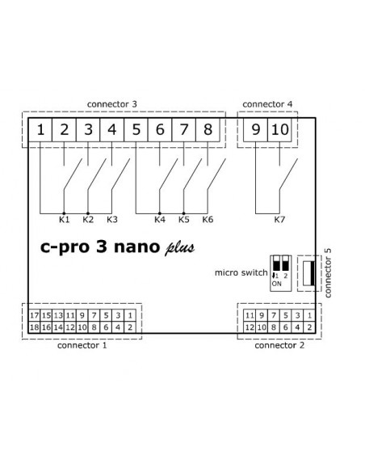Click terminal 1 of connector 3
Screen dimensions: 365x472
click(x=40, y=130)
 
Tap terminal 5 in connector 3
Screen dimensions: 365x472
click(x=136, y=130)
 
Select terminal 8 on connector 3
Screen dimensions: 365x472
click(x=208, y=130)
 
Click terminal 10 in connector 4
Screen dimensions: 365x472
click(x=279, y=130)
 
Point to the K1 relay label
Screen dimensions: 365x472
click(x=64, y=220)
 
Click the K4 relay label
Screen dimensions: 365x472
click(x=160, y=220)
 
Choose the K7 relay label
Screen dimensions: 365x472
click(x=279, y=220)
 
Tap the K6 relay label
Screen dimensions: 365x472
click(x=208, y=220)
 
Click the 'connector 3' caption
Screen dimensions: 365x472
click(x=112, y=104)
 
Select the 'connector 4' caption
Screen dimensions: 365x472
click(x=267, y=104)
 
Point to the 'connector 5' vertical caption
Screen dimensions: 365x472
click(x=328, y=272)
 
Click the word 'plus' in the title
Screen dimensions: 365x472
click(x=180, y=248)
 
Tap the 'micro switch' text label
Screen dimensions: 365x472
click(x=241, y=272)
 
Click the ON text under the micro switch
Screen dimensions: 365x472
click(x=277, y=284)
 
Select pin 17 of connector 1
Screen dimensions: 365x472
click(x=34, y=315)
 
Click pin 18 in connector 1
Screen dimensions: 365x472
click(x=34, y=327)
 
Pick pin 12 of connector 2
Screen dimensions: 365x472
click(x=250, y=327)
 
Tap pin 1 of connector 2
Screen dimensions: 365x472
click(x=309, y=315)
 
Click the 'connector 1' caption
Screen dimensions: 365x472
click(x=82, y=345)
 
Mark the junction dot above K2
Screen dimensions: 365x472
click(x=88, y=213)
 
